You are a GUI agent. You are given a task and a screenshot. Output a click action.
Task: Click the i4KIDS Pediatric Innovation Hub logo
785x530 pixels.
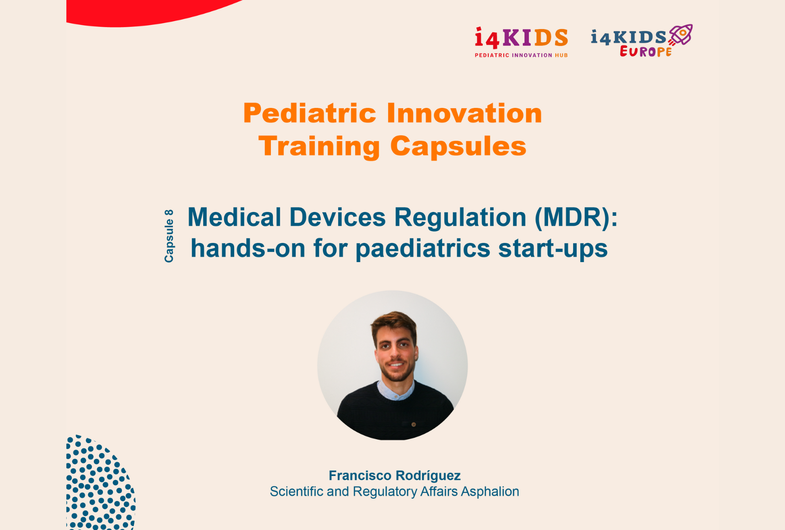tap(521, 42)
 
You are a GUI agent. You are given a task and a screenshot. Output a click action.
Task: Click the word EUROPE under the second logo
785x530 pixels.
tap(646, 52)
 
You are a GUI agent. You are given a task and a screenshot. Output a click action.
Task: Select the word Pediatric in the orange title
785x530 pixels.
tap(310, 113)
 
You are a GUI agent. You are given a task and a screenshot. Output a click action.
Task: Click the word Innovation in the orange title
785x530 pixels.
tap(464, 113)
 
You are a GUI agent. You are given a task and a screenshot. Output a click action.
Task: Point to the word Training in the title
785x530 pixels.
tap(319, 146)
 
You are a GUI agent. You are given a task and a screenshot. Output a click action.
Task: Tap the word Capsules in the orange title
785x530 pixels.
tap(458, 146)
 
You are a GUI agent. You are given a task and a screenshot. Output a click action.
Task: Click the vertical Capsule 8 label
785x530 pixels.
tap(169, 236)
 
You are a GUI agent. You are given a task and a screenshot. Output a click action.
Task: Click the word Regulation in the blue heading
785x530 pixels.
tap(460, 217)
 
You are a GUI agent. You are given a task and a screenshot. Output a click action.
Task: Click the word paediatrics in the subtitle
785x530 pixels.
tap(422, 249)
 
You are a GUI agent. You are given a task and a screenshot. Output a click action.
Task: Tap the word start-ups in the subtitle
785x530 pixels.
tap(553, 248)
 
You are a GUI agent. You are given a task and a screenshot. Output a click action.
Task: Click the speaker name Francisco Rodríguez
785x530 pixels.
tap(394, 476)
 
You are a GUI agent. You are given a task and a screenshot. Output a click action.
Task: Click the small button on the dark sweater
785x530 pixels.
tap(414, 424)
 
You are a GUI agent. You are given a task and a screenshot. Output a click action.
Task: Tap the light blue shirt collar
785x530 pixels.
tap(395, 391)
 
